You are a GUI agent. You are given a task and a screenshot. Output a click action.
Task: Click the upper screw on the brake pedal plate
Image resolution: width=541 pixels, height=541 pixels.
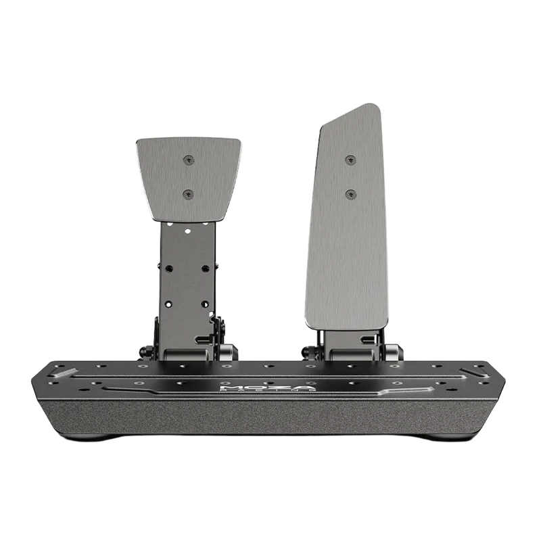189,160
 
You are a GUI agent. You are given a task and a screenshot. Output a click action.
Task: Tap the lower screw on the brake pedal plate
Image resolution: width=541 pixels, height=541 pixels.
189,194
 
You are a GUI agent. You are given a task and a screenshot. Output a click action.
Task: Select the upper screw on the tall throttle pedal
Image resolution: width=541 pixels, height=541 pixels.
350,160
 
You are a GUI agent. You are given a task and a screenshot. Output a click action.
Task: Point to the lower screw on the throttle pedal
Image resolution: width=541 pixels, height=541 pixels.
350,195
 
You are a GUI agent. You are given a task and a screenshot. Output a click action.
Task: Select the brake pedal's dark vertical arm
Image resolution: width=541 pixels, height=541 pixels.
187,284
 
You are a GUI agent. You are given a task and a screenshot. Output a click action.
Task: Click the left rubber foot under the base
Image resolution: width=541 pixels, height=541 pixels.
91,437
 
